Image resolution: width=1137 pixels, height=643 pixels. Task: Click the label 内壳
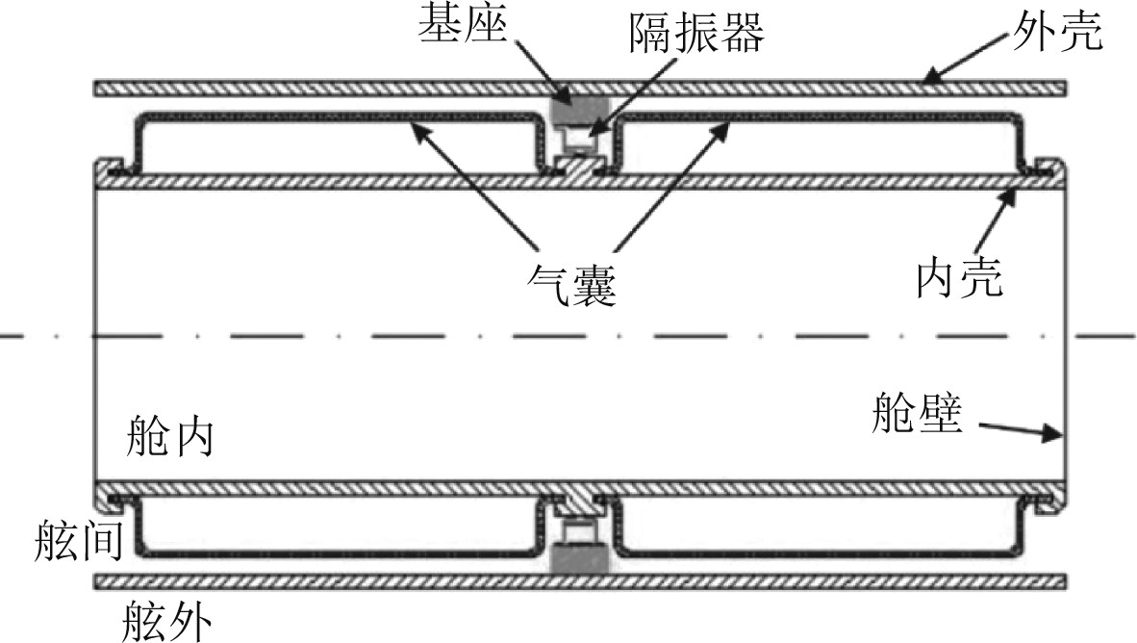click(959, 278)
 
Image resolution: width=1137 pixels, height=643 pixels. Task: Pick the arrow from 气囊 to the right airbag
click(670, 182)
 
